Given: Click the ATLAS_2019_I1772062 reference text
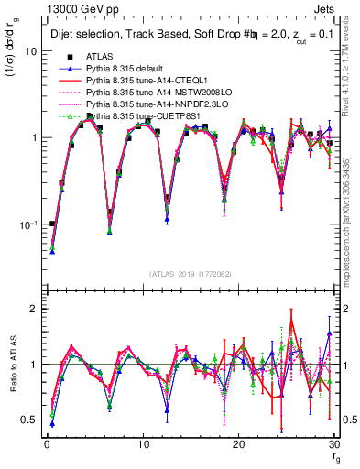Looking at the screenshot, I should (190, 274).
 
